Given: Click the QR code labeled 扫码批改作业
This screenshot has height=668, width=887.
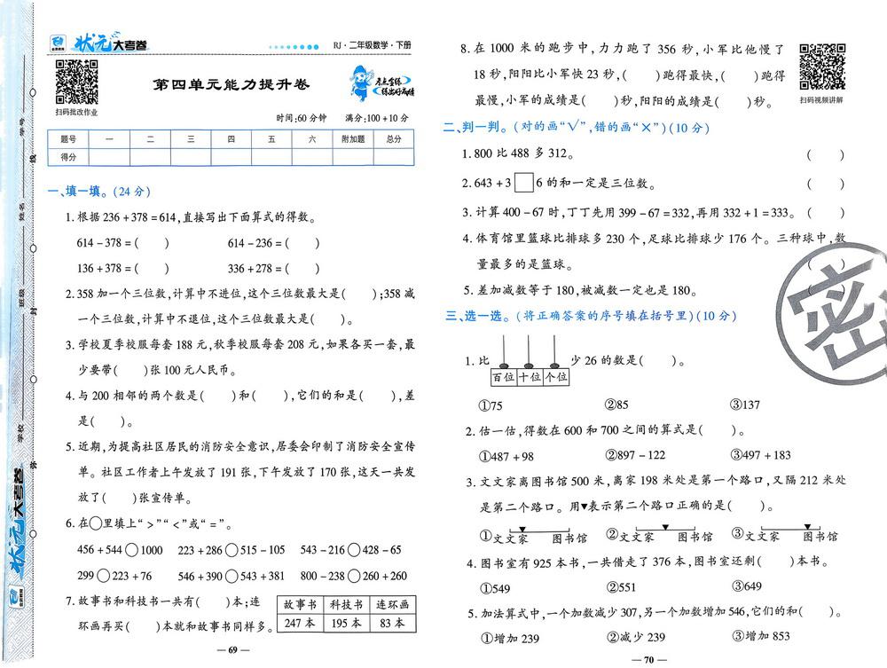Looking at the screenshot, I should click(x=75, y=82).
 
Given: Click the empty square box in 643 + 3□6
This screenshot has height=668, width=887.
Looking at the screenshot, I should click(x=523, y=184).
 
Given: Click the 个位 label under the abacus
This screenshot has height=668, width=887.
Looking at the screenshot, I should click(x=555, y=378).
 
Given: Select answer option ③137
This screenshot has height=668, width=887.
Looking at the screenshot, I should click(x=745, y=405).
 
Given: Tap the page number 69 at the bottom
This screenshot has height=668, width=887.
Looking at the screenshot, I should click(x=232, y=650).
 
